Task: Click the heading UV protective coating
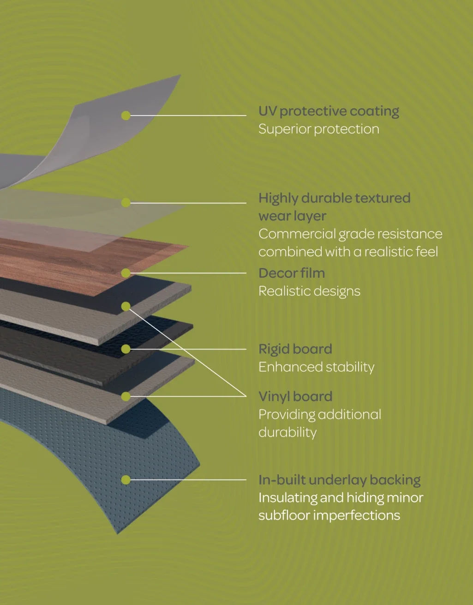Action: [x=329, y=111]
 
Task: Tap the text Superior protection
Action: [x=319, y=129]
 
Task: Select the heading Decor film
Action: [x=292, y=273]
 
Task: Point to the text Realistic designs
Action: [x=309, y=291]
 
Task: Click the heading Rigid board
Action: [x=295, y=349]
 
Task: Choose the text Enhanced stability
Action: [x=317, y=367]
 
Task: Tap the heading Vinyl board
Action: [x=295, y=396]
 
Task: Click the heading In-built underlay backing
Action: [x=340, y=480]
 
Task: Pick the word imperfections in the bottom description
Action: [x=357, y=515]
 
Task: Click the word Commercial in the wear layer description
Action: [x=297, y=234]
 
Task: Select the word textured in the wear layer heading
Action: [x=383, y=198]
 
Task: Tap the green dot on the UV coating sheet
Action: [x=126, y=115]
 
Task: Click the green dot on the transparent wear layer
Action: [x=126, y=202]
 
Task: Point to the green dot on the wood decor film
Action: [x=126, y=273]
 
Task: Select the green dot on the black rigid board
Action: [x=126, y=349]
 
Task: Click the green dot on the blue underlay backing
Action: [x=126, y=480]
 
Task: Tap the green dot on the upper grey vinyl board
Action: [x=126, y=306]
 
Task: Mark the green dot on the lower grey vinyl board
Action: [x=126, y=396]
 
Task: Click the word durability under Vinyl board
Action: [x=287, y=433]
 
